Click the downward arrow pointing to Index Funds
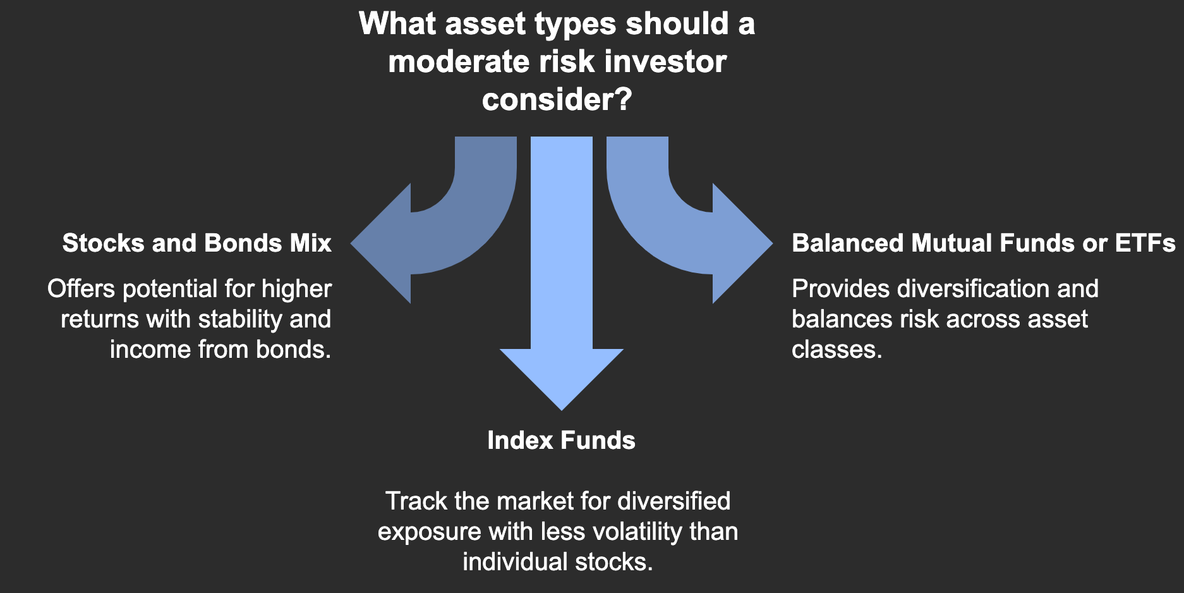[x=561, y=284]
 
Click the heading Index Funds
[x=561, y=441]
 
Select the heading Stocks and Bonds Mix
[x=196, y=243]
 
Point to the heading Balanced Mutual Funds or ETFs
[x=983, y=243]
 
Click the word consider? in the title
[x=557, y=99]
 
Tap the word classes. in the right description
[x=837, y=350]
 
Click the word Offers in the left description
[x=81, y=289]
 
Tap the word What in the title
[x=397, y=24]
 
